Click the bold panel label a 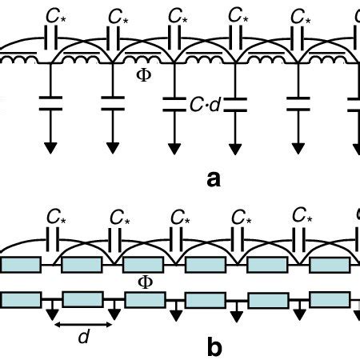tap(214, 179)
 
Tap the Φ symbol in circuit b tap(146, 282)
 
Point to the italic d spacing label tap(82, 338)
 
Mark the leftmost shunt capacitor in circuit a tap(50, 102)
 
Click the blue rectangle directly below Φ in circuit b tap(144, 300)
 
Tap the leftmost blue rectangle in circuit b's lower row tap(21, 300)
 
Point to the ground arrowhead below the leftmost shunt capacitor tap(50, 146)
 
